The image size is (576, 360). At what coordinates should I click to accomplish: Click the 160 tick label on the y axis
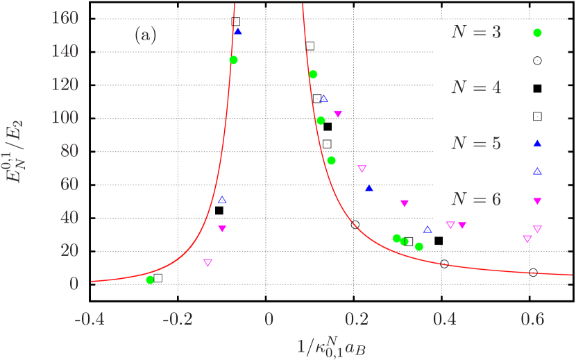click(65, 17)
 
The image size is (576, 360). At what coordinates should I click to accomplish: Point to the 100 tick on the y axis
click(65, 117)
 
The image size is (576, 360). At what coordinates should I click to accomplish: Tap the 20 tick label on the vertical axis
click(69, 250)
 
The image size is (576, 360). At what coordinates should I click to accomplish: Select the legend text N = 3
click(475, 33)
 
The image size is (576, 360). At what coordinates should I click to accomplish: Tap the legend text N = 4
click(475, 88)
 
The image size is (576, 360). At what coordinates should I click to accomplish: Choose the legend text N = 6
click(475, 200)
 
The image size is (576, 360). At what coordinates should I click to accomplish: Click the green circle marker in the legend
click(537, 33)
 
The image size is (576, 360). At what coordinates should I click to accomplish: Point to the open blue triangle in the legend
click(537, 171)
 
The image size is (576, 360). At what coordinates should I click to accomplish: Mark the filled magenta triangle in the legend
click(537, 200)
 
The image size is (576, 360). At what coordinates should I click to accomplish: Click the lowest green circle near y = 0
click(150, 280)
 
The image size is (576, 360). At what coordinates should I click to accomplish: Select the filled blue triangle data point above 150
click(238, 31)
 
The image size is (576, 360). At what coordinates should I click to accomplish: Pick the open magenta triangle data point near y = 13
click(207, 262)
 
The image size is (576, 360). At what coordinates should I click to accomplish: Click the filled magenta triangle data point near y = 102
click(338, 114)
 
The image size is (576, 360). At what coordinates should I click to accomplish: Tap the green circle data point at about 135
click(233, 60)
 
